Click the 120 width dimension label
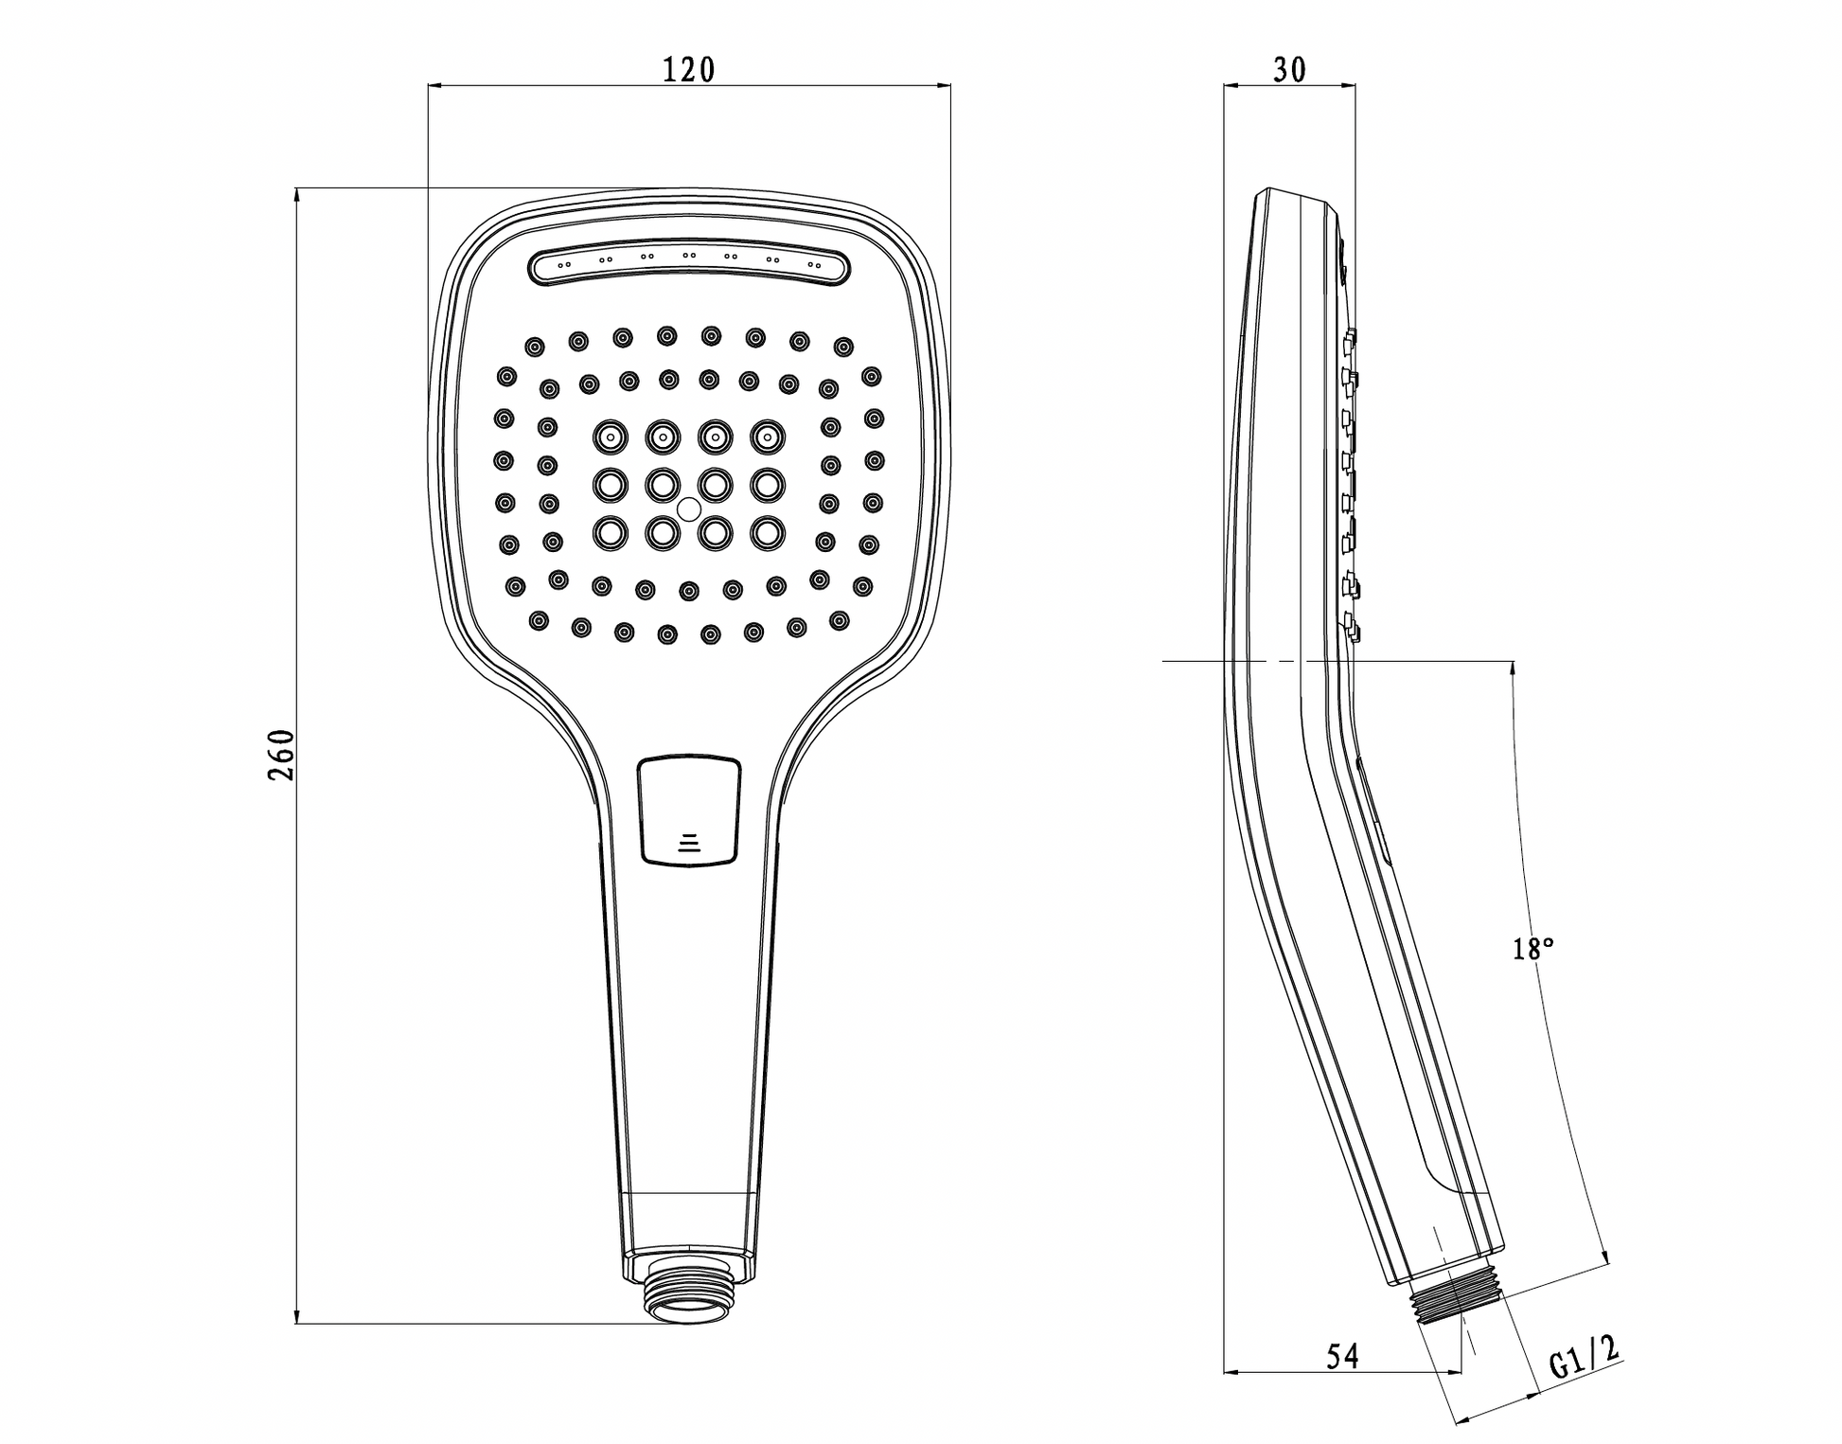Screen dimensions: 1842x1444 click(x=688, y=69)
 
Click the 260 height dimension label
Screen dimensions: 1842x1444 click(x=281, y=755)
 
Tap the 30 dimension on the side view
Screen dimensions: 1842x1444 click(x=1289, y=69)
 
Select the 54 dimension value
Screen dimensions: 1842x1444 click(x=1342, y=1357)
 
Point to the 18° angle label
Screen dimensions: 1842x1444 click(x=1532, y=949)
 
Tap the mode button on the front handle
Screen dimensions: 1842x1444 click(x=689, y=810)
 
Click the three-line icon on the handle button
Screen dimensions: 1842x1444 click(x=690, y=843)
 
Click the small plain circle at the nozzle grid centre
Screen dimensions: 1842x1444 click(x=688, y=508)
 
